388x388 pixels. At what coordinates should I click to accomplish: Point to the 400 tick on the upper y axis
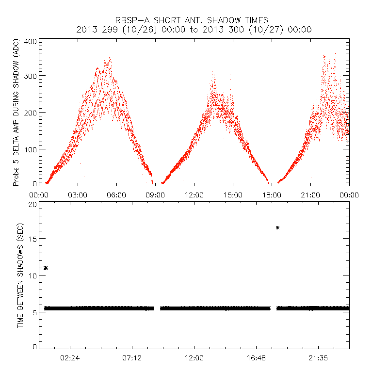pos(31,42)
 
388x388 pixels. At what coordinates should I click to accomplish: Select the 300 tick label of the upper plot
pos(31,76)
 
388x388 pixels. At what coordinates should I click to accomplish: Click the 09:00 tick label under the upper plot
pos(155,194)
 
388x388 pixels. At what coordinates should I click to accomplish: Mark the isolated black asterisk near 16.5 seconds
pos(277,227)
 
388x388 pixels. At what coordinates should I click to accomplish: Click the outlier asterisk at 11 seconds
pos(46,268)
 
